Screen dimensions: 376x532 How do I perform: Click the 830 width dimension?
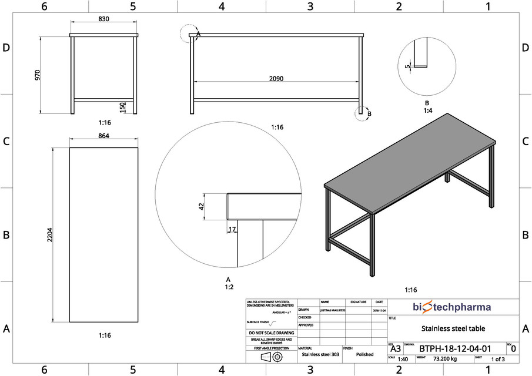(103, 19)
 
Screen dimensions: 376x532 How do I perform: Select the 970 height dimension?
(38, 75)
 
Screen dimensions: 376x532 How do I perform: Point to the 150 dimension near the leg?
(122, 108)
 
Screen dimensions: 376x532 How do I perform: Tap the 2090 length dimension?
(276, 78)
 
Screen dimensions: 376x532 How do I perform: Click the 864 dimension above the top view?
(103, 136)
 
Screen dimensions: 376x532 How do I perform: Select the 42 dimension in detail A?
(201, 206)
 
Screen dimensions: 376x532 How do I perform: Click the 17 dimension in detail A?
(232, 229)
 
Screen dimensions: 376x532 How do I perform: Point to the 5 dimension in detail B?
(407, 66)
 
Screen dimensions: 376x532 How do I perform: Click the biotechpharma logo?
(451, 307)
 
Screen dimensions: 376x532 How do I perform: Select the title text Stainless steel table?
(453, 328)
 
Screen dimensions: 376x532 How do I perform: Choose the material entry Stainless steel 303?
(320, 354)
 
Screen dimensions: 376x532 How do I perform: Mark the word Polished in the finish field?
(364, 354)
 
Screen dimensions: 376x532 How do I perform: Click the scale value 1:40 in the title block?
(403, 359)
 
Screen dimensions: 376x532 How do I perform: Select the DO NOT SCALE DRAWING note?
(272, 333)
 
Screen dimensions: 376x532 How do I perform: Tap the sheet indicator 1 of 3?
(497, 359)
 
